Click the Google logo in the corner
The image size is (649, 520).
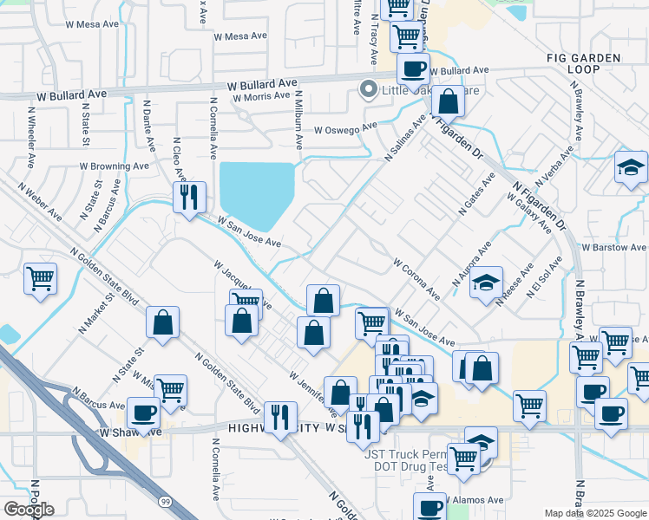[29, 510]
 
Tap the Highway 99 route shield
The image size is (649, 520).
[165, 501]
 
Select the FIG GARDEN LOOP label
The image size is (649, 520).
[596, 63]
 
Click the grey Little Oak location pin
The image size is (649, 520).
[368, 89]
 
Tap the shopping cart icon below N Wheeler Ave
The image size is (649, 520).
[40, 279]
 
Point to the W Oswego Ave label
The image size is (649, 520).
[345, 128]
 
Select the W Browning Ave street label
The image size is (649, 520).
[114, 166]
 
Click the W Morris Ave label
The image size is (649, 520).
[261, 97]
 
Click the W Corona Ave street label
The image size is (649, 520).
[416, 277]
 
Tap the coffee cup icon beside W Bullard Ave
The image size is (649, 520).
[413, 68]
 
